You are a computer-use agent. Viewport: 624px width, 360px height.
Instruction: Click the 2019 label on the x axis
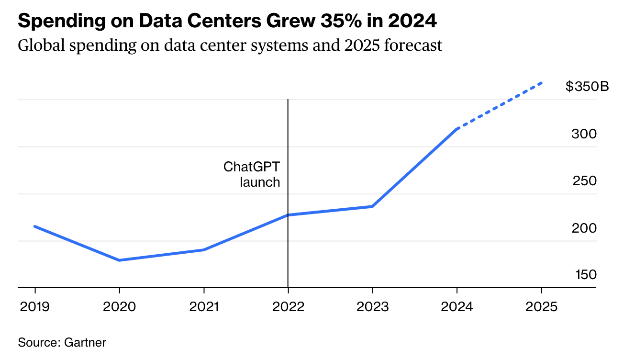pos(35,306)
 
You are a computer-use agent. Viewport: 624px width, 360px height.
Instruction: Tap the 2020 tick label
pos(119,306)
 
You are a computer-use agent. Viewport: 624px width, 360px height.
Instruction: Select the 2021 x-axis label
pos(204,306)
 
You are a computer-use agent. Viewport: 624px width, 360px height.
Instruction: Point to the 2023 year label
pos(372,306)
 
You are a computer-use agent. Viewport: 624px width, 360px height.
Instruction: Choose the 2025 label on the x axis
pos(541,306)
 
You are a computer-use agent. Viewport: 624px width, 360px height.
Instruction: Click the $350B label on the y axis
pos(587,87)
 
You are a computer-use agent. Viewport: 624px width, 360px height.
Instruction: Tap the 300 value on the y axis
pos(584,134)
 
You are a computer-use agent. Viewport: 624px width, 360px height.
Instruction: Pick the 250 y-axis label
pos(584,181)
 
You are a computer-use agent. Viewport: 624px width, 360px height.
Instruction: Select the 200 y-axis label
pos(584,228)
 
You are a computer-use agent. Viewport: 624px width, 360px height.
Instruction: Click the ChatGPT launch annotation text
pos(252,174)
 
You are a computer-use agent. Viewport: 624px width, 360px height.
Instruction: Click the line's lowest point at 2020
pos(119,260)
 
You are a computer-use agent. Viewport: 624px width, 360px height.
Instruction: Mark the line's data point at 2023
pos(372,206)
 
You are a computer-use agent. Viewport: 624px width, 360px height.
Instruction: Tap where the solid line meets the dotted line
pos(457,129)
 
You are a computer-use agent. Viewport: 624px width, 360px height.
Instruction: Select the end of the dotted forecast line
pos(542,83)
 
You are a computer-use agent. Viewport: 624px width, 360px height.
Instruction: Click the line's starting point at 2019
pos(35,226)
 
